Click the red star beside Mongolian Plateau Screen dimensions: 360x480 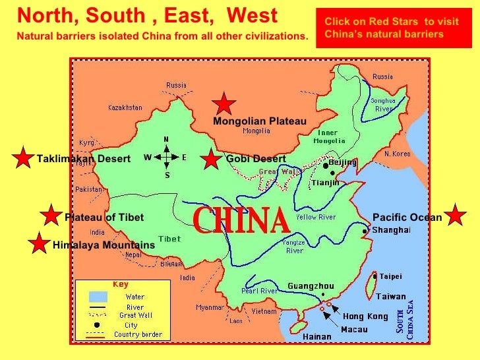click(x=224, y=104)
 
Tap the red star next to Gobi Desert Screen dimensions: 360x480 click(x=211, y=159)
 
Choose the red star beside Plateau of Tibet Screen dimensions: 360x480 click(x=50, y=215)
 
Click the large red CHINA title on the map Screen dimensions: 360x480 click(x=241, y=221)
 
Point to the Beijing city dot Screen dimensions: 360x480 click(x=325, y=166)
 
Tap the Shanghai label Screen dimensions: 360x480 click(x=391, y=230)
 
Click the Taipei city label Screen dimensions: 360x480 click(x=390, y=276)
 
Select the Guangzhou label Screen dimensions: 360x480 click(x=311, y=286)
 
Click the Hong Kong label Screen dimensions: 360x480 click(x=365, y=316)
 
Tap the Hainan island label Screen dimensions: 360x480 click(x=317, y=336)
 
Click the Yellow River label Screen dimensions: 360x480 click(x=316, y=217)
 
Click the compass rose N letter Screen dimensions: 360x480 click(x=166, y=139)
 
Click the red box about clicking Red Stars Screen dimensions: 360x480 click(x=391, y=28)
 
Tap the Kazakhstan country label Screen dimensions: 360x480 click(x=125, y=107)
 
